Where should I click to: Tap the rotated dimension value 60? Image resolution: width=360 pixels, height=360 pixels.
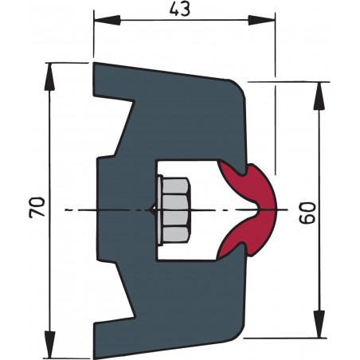308,211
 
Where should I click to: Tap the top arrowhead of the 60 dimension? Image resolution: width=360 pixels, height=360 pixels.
323,88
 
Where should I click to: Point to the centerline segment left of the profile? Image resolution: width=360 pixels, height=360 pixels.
80,209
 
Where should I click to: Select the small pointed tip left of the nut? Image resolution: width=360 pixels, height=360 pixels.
153,209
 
